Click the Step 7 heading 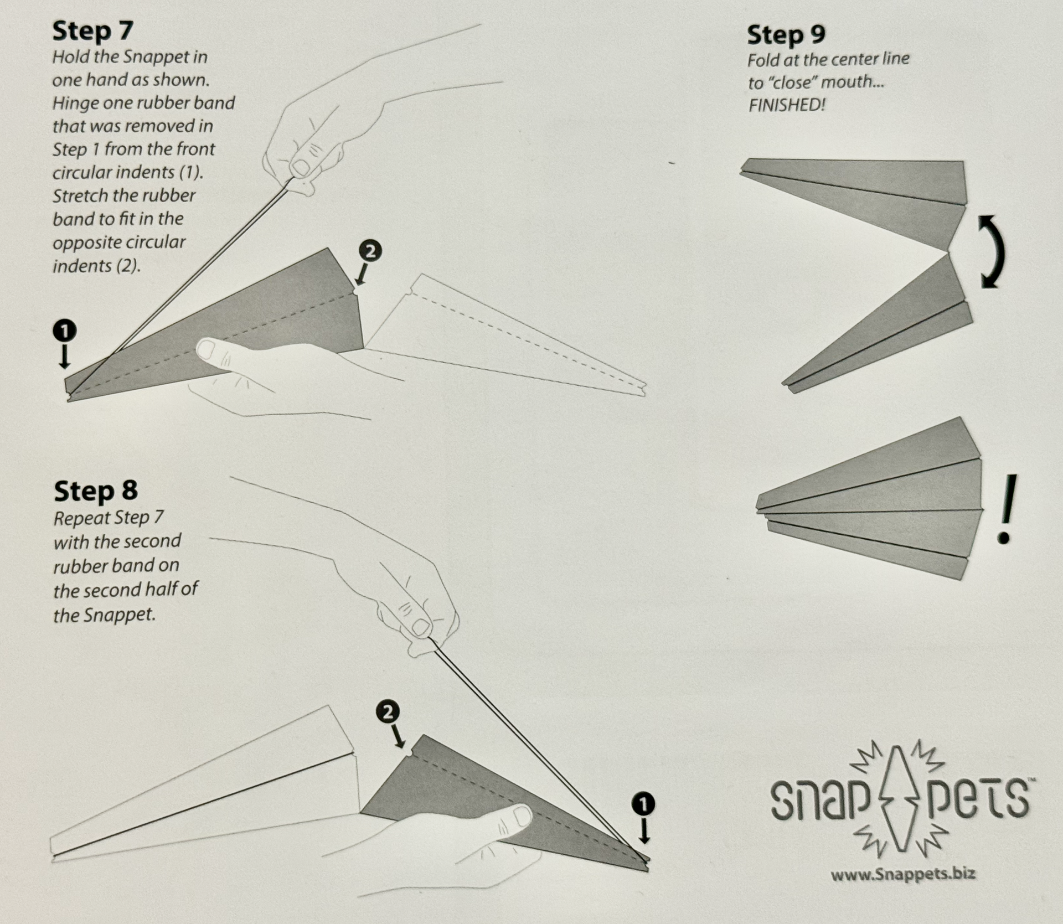(x=92, y=31)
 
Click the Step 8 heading (x=95, y=491)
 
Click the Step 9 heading (x=786, y=35)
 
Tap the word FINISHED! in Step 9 (x=787, y=105)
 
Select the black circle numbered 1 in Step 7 (x=65, y=331)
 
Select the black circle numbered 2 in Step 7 (x=370, y=251)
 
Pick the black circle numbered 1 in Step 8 (x=643, y=804)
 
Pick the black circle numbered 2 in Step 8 (x=388, y=712)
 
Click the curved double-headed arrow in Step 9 (x=991, y=252)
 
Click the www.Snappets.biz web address (x=902, y=875)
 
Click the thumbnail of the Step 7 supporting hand (x=207, y=350)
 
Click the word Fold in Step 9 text (x=762, y=60)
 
